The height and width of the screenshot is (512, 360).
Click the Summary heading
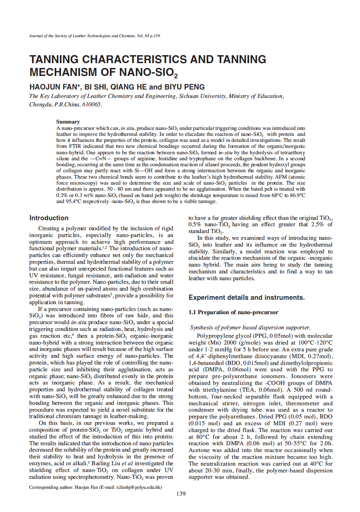(x=68, y=122)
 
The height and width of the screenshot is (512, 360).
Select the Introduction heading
(x=49, y=218)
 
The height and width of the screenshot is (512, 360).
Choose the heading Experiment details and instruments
(x=247, y=297)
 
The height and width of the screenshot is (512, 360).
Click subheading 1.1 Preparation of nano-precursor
(x=233, y=312)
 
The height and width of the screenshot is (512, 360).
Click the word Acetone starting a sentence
(x=200, y=450)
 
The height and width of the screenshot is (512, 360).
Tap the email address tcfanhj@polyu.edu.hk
(x=138, y=487)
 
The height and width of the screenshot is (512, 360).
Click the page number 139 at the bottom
(x=181, y=494)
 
